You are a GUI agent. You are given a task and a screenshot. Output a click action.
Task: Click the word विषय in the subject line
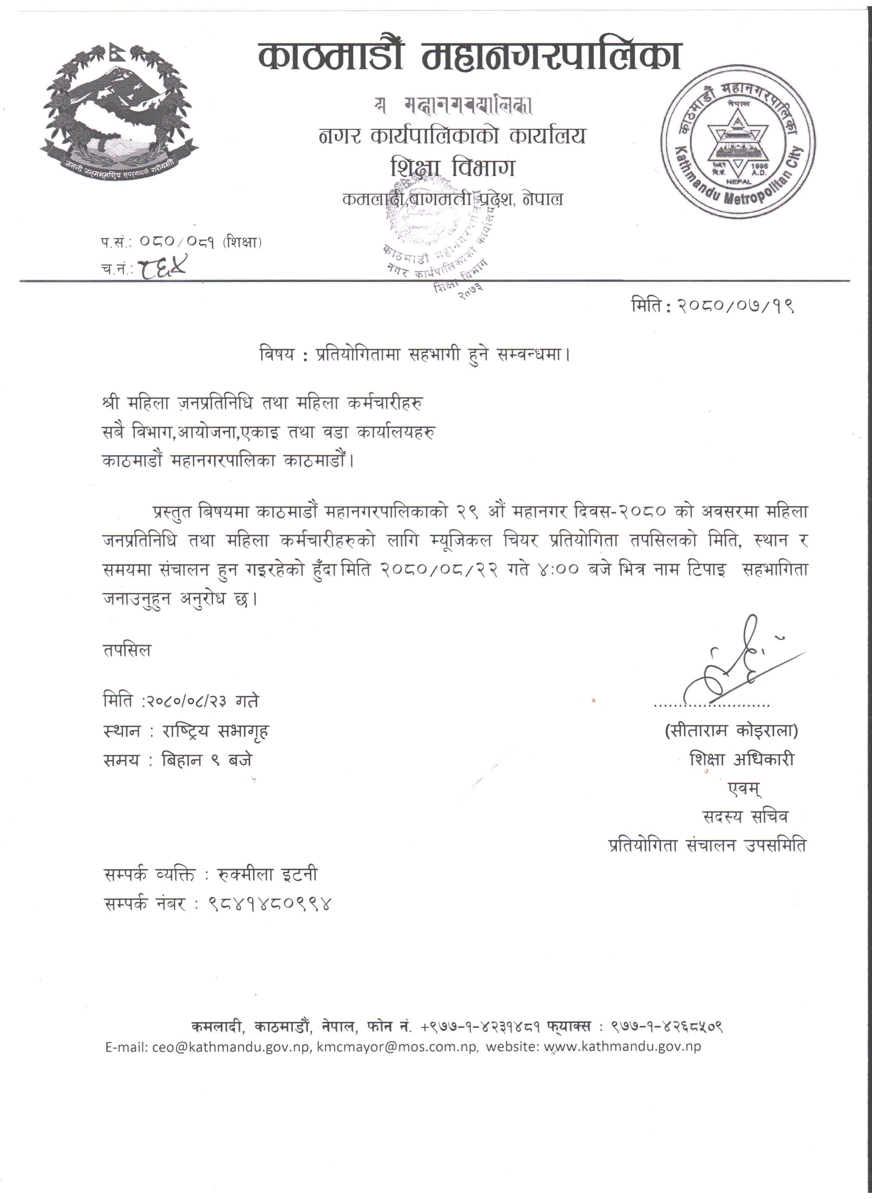(277, 354)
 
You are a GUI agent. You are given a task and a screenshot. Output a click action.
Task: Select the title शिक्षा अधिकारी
(741, 760)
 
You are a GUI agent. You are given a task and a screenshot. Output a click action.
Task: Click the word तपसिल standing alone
(127, 650)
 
